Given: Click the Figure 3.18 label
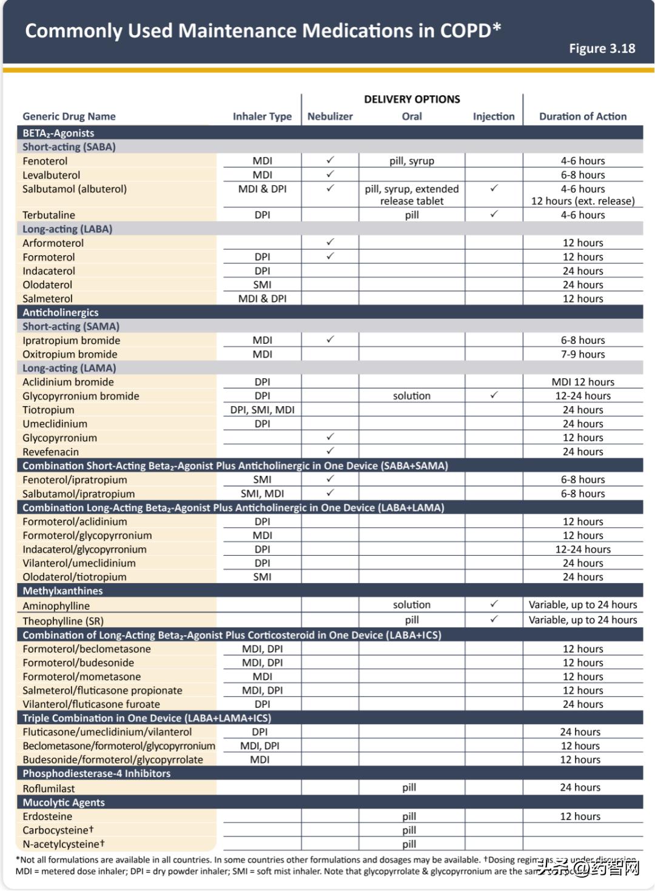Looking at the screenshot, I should tap(602, 48).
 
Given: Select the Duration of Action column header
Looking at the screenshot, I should tap(582, 116).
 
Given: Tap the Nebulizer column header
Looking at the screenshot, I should tap(330, 116).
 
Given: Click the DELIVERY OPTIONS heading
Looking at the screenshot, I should tap(412, 99).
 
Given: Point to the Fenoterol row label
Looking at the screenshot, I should tap(45, 161).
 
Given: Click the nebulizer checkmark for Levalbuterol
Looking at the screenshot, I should tap(330, 175).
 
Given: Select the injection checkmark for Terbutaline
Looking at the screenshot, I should tap(494, 215).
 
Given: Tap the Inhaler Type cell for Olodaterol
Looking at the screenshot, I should tap(262, 285).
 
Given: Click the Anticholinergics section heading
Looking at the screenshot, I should tap(61, 313).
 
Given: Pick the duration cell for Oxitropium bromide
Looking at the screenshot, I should tap(582, 355).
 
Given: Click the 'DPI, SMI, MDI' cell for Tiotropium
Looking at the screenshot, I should tap(262, 410).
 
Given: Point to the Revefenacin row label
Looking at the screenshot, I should tap(50, 452).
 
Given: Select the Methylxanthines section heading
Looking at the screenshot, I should tap(62, 591).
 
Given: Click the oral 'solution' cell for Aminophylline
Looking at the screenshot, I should tap(411, 605).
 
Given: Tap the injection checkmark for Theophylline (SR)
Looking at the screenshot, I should tap(494, 619).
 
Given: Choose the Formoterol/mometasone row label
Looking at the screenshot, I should tap(81, 677).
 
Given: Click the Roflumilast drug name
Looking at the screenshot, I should tap(49, 789).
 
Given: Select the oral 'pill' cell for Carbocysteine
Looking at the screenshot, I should tap(409, 830).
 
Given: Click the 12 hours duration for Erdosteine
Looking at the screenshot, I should tap(580, 816).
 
